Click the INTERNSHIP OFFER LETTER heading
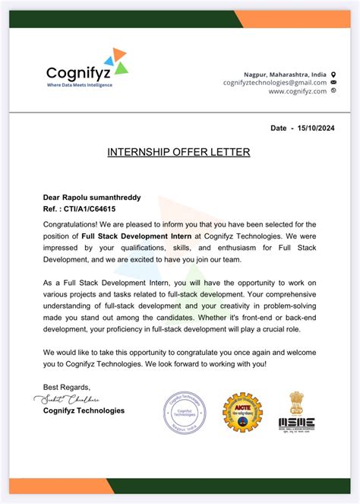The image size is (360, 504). [178, 152]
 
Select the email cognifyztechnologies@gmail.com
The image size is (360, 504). [275, 82]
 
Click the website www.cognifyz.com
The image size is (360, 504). [297, 91]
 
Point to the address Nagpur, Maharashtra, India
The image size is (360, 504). [285, 74]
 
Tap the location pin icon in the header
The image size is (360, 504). [333, 74]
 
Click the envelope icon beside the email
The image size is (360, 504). [333, 82]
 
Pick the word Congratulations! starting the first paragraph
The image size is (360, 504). [70, 224]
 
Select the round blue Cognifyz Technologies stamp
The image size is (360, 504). [185, 411]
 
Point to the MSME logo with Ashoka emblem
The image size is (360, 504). [296, 412]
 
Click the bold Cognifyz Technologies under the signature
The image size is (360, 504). [84, 410]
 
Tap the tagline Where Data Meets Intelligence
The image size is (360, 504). [79, 85]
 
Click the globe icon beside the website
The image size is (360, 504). [333, 91]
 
